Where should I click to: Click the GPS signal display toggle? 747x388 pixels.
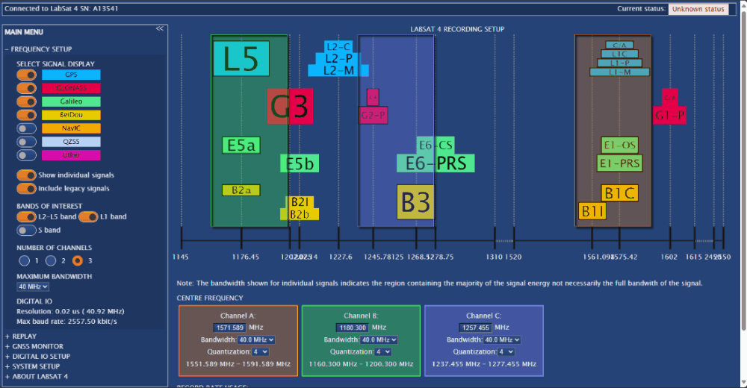(27, 75)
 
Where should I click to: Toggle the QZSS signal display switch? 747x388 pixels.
(27, 142)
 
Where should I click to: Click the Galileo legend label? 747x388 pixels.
(71, 101)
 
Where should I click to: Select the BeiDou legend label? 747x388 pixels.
(71, 115)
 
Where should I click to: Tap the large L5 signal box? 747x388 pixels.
(241, 59)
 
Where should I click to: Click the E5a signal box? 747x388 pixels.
(241, 145)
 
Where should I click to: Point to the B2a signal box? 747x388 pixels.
(241, 190)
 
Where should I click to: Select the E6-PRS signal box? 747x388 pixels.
(436, 163)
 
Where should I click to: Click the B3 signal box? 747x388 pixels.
(415, 202)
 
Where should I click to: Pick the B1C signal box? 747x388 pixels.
(619, 194)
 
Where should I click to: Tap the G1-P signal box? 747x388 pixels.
(669, 116)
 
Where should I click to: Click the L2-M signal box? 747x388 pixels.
(338, 70)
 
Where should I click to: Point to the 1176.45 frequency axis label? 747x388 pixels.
(246, 257)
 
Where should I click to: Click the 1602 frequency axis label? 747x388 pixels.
(669, 257)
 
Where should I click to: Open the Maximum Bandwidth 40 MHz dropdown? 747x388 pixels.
(33, 287)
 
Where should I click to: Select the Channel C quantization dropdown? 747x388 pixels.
(506, 351)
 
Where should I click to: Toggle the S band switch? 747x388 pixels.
(27, 231)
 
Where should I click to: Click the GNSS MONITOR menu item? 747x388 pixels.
(37, 346)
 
